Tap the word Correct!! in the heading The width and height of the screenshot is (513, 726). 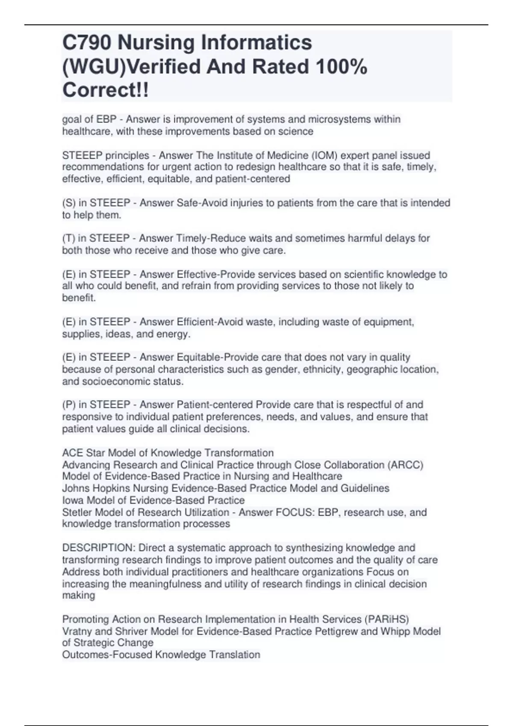pyautogui.click(x=106, y=90)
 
